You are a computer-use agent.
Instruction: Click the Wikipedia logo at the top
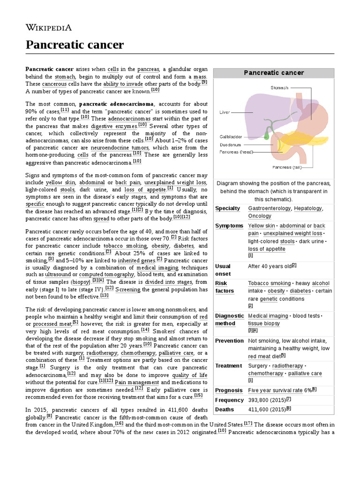[48, 27]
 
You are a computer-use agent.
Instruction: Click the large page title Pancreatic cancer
[75, 45]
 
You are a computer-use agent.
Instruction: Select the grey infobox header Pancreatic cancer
[274, 73]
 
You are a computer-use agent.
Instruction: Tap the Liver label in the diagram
[225, 112]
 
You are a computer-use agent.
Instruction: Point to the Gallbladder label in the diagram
[231, 136]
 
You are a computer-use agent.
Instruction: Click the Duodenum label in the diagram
[230, 145]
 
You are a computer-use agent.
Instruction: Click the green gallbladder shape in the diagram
[267, 135]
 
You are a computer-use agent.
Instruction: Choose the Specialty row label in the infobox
[227, 208]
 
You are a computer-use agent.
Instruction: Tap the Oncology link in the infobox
[260, 216]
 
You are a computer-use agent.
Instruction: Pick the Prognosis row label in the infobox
[229, 390]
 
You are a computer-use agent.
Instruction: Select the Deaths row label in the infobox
[225, 409]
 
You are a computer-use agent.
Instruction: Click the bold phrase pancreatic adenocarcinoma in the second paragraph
[116, 104]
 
